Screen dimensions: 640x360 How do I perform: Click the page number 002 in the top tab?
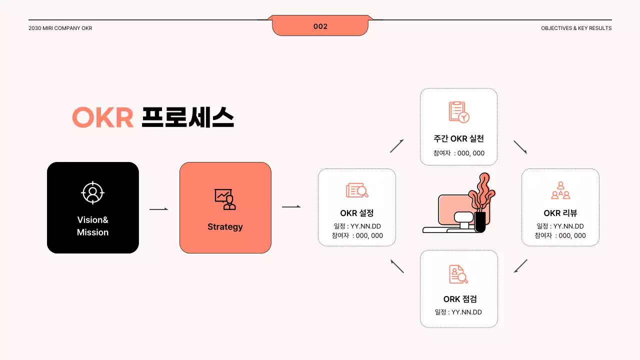(320, 26)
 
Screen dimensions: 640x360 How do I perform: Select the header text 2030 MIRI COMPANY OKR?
(60, 28)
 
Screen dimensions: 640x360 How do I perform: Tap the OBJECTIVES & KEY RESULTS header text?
(576, 28)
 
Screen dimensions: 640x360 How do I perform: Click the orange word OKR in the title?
(102, 118)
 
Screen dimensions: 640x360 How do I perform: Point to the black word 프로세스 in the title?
(187, 118)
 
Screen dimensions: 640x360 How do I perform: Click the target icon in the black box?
(92, 192)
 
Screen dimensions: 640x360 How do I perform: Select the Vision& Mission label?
(92, 226)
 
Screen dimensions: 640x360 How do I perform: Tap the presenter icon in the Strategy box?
(225, 199)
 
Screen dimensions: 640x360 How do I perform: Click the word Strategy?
(225, 227)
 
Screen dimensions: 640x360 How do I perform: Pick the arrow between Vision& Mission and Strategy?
(159, 209)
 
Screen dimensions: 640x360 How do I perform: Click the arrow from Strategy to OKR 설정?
(291, 206)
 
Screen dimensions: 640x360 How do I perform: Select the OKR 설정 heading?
(356, 213)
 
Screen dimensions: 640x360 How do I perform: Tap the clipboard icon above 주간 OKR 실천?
(458, 112)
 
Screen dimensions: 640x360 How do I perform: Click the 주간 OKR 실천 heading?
(458, 138)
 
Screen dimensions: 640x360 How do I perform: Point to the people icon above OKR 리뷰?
(560, 190)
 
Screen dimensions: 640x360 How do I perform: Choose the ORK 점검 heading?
(460, 299)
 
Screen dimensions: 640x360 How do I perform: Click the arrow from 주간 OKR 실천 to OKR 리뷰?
(520, 147)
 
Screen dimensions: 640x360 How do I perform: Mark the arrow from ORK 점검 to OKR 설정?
(397, 266)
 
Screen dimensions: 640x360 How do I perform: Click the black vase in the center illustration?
(480, 222)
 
